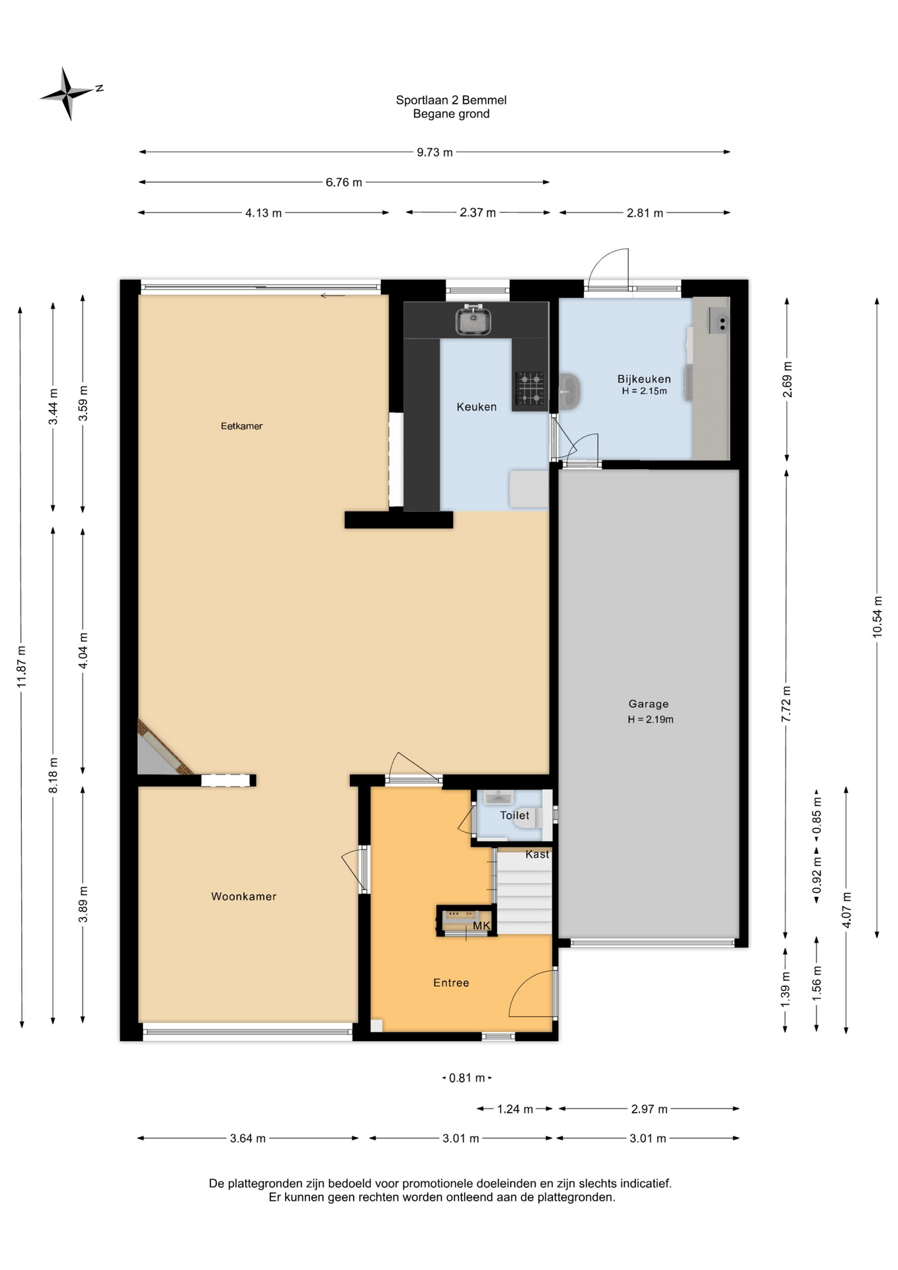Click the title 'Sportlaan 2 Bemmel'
451,100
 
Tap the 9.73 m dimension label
434,152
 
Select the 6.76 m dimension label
344,182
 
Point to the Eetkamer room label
241,426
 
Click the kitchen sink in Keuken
472,320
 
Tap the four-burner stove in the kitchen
530,388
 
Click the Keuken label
476,407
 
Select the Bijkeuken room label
644,379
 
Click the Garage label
648,704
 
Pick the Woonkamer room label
243,896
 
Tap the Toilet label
514,815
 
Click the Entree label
451,982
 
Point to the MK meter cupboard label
481,925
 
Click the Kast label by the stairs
537,854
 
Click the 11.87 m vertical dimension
21,667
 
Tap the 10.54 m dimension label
877,616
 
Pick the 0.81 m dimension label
467,1078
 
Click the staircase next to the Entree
524,892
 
